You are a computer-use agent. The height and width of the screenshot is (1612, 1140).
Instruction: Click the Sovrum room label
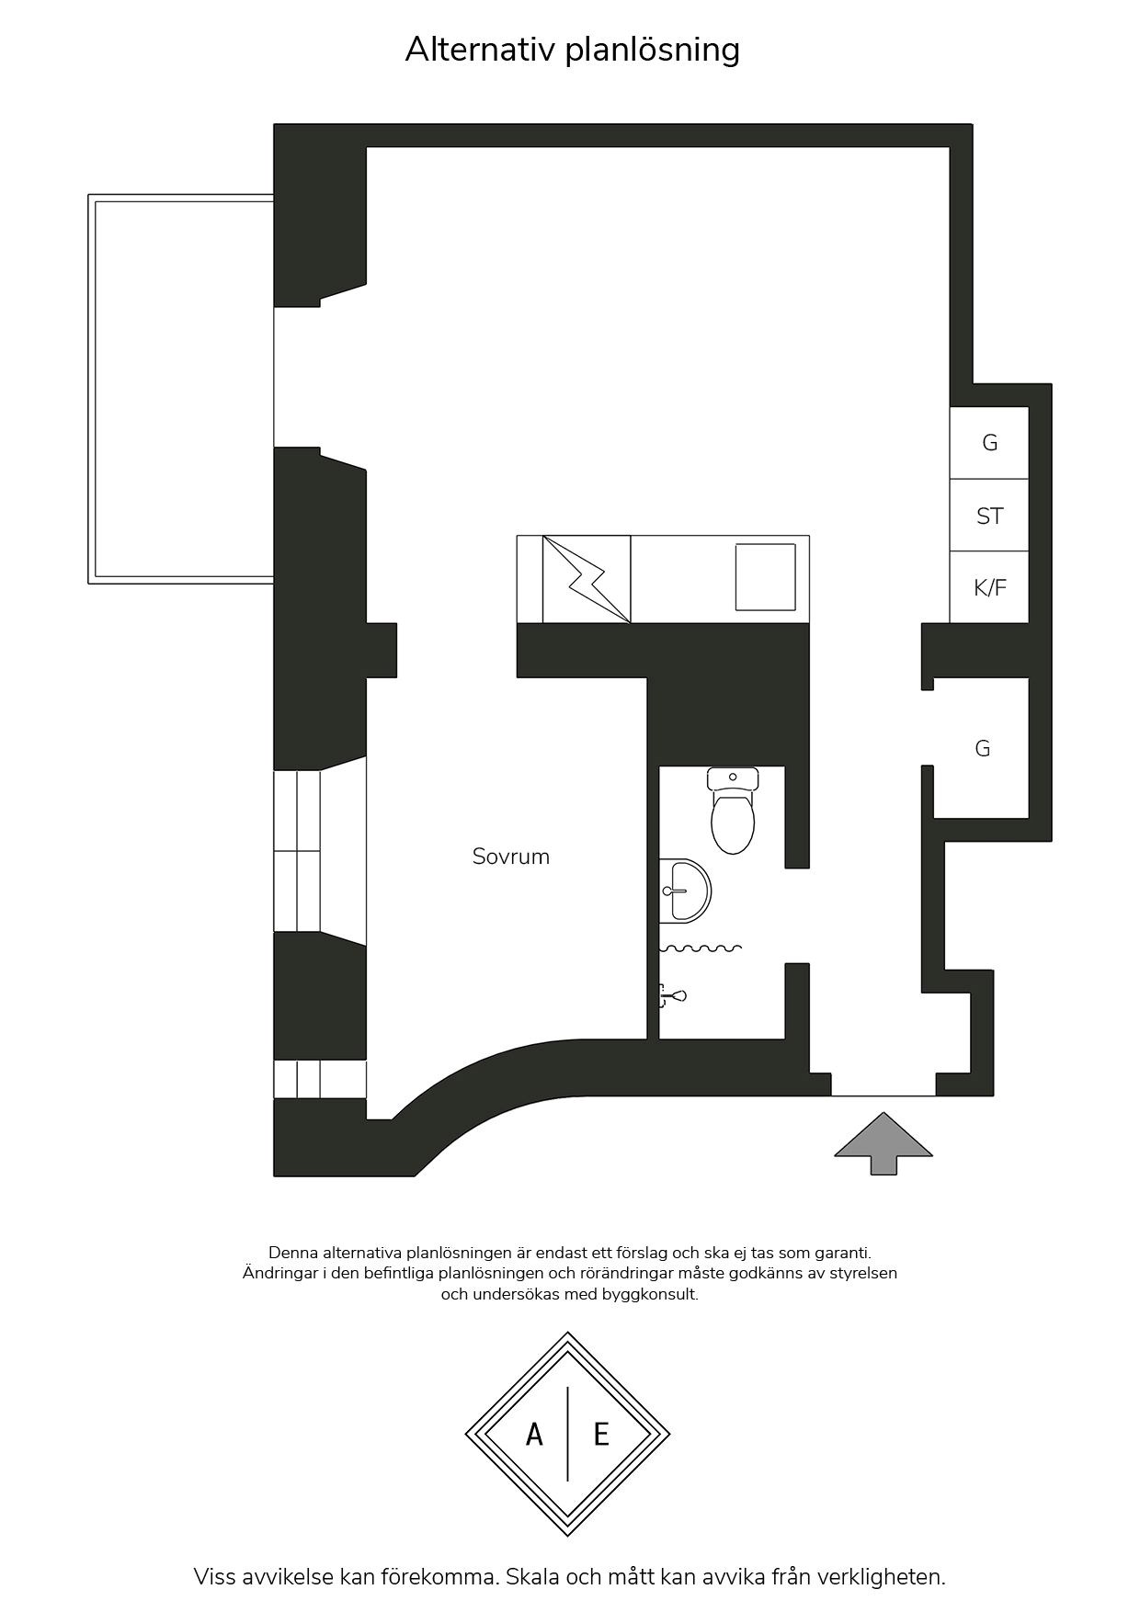(510, 857)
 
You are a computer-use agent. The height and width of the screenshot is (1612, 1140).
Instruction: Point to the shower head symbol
(673, 995)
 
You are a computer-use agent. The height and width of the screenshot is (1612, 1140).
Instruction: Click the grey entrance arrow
(883, 1143)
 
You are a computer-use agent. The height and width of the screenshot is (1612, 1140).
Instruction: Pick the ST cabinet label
(989, 516)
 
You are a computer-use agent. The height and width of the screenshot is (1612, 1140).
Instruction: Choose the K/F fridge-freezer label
(990, 587)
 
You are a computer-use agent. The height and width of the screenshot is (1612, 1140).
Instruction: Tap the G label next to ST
(989, 443)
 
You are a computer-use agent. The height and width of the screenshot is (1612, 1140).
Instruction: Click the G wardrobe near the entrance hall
(982, 748)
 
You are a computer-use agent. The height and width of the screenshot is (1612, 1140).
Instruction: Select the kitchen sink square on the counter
(765, 577)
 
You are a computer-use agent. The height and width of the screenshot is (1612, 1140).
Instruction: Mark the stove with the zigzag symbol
(587, 579)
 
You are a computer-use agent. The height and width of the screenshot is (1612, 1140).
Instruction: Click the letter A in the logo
(534, 1434)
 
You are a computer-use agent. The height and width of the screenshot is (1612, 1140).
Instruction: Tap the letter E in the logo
(601, 1434)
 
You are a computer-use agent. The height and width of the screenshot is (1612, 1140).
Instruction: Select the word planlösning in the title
(652, 51)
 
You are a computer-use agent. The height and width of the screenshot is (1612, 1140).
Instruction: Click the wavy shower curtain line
(701, 948)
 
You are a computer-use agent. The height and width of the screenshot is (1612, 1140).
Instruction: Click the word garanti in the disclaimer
(841, 1253)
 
